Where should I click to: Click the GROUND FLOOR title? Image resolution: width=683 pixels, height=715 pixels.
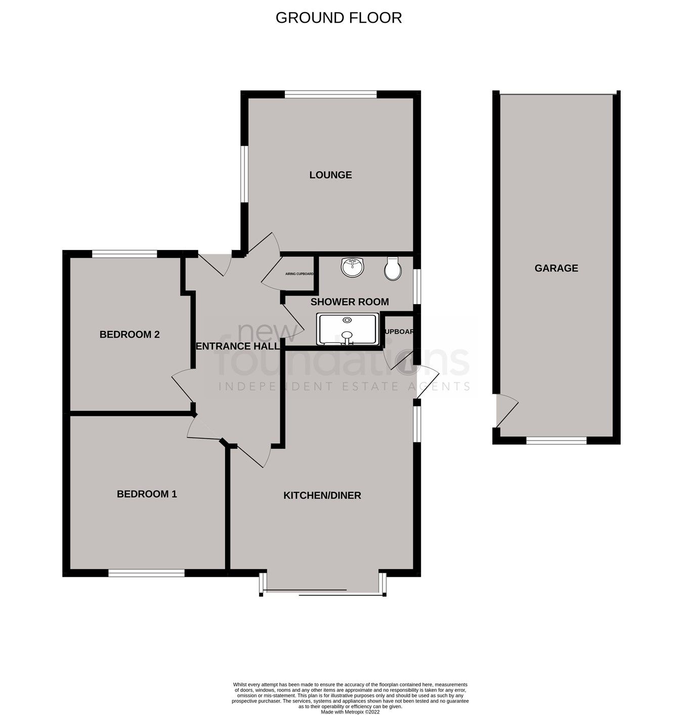[x=338, y=18]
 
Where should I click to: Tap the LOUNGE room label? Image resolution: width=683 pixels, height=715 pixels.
[x=330, y=175]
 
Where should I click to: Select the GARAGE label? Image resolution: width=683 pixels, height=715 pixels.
[x=556, y=268]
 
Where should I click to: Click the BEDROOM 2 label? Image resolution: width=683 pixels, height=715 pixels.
[x=130, y=334]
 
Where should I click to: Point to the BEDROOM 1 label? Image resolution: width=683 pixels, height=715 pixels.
[x=147, y=494]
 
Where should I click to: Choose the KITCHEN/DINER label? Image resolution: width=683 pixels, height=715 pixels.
[x=322, y=495]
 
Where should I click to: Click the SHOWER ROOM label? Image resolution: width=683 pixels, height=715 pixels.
[x=350, y=302]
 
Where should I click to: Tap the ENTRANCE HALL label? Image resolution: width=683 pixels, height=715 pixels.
[x=237, y=346]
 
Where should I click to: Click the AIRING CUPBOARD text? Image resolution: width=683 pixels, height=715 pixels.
[x=298, y=274]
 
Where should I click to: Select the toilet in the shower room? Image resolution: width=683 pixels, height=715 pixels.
[x=393, y=268]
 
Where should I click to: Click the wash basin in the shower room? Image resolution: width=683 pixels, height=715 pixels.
[x=353, y=267]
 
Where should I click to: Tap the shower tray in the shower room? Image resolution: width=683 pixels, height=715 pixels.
[x=347, y=329]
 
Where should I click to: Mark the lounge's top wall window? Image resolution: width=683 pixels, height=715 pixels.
[x=330, y=94]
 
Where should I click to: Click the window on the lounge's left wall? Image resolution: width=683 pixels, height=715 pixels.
[x=243, y=174]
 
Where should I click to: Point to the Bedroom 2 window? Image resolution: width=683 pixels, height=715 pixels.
[x=124, y=254]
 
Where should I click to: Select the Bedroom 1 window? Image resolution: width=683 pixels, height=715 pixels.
[x=146, y=573]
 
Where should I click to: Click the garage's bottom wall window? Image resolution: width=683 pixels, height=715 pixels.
[x=556, y=441]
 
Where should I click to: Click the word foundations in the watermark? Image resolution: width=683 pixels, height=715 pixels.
[x=344, y=359]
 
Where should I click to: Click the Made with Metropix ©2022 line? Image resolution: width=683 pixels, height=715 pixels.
[x=350, y=711]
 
